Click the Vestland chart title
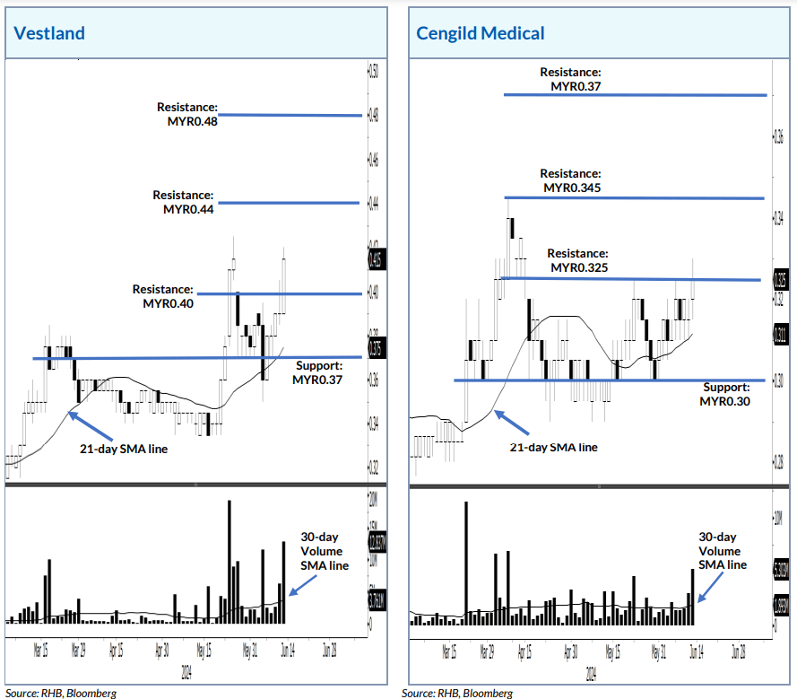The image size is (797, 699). click(x=49, y=34)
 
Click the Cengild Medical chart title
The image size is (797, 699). click(x=480, y=34)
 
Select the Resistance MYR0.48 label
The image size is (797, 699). click(x=189, y=114)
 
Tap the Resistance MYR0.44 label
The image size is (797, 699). click(x=184, y=202)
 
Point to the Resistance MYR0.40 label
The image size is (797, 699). click(x=163, y=296)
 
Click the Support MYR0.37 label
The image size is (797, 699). click(x=318, y=373)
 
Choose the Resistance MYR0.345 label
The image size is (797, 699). click(x=570, y=180)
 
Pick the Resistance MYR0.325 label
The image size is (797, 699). click(x=577, y=261)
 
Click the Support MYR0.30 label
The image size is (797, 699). click(x=724, y=394)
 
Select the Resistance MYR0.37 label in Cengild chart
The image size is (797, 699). click(x=570, y=79)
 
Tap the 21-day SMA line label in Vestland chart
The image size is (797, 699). click(x=124, y=450)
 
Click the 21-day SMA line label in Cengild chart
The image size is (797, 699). click(x=553, y=447)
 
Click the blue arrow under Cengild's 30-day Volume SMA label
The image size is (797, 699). click(x=712, y=588)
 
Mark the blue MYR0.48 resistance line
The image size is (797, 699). click(x=289, y=115)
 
